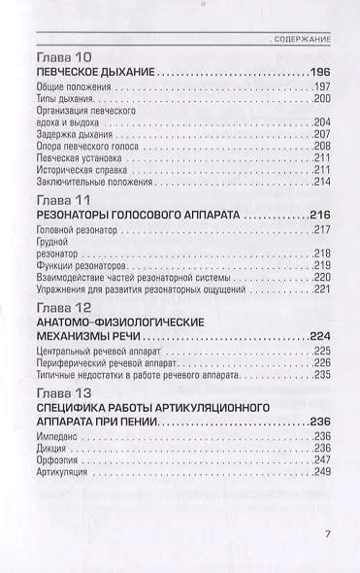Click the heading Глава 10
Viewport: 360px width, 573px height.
pyautogui.click(x=63, y=57)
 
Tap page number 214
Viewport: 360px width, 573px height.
pyautogui.click(x=323, y=182)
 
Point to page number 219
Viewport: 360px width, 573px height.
pyautogui.click(x=323, y=265)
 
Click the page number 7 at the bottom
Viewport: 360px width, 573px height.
pyautogui.click(x=329, y=534)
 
